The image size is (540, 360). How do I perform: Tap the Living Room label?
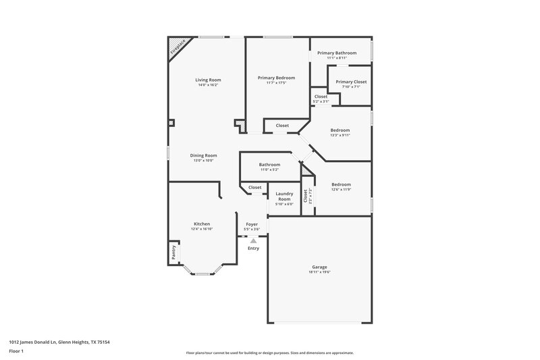coord(208,80)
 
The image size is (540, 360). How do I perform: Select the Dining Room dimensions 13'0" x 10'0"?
coord(203,161)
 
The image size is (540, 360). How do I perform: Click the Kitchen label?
coord(202,224)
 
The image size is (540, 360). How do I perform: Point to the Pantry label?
coord(173,251)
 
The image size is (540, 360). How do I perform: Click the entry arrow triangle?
coord(253,240)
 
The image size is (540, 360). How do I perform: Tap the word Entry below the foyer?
coord(253,248)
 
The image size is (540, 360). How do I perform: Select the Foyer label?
coord(252,224)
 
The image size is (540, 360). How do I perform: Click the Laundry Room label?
coord(284,197)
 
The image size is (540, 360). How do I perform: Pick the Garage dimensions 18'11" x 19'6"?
coord(320,272)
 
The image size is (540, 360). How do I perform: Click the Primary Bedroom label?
coord(276,78)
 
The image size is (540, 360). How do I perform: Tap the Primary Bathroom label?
coord(336,53)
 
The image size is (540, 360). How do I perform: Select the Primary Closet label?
coord(351,82)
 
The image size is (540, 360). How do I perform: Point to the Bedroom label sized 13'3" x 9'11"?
coord(340,130)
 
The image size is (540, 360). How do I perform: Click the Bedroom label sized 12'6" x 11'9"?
coord(341,184)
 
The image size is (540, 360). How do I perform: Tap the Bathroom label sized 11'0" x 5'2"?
coord(269,164)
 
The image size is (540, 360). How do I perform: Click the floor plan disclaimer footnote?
coord(269,353)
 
